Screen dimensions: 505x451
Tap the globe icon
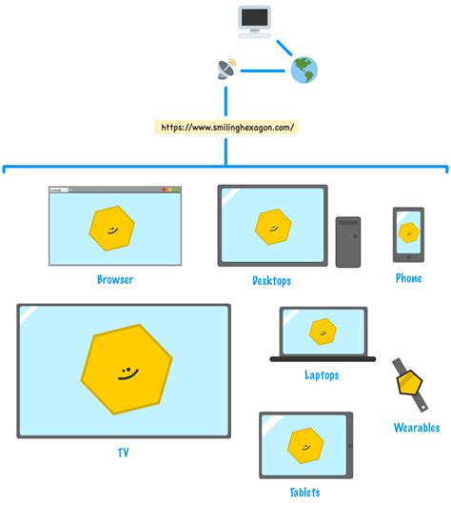304,69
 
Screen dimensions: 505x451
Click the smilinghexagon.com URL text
227,126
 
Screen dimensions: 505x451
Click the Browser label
115,280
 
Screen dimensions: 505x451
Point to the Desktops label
271,281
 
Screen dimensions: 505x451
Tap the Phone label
409,278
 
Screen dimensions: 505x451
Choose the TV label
123,453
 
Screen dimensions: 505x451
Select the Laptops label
322,375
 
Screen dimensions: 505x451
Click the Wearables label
417,428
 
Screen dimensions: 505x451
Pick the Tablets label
305,493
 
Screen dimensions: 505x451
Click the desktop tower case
348,241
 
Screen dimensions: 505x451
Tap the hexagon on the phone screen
409,232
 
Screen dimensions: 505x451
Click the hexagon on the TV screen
127,369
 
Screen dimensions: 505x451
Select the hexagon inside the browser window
112,228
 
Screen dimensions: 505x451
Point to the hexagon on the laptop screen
323,332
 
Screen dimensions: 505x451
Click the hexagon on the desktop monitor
272,226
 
